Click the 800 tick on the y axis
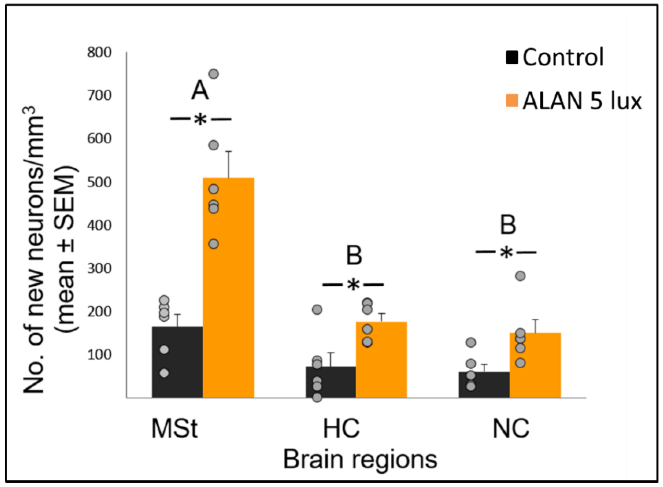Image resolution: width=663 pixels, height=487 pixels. pyautogui.click(x=99, y=53)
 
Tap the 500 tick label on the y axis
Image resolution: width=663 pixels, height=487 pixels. pyautogui.click(x=99, y=182)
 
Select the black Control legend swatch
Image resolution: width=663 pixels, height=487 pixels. pyautogui.click(x=512, y=58)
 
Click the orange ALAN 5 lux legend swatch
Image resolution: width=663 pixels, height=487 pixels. pyautogui.click(x=512, y=101)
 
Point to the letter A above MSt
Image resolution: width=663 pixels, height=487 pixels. pyautogui.click(x=200, y=90)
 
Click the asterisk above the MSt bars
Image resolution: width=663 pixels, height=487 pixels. pyautogui.click(x=201, y=120)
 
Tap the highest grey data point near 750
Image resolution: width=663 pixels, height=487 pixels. pyautogui.click(x=214, y=74)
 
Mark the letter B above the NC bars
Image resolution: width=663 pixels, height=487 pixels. pyautogui.click(x=508, y=225)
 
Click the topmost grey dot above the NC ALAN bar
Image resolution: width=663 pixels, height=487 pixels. pyautogui.click(x=520, y=276)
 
